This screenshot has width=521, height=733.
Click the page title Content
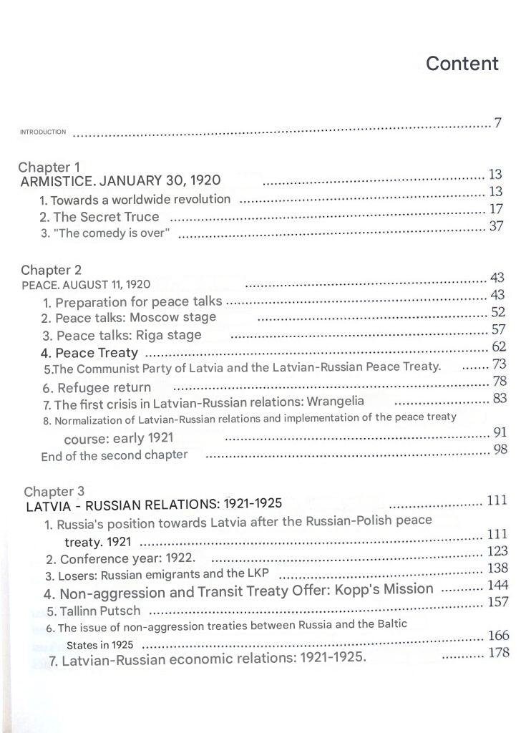[x=462, y=64]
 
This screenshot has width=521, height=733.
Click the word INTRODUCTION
[x=43, y=132]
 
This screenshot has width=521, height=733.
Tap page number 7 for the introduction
[x=497, y=123]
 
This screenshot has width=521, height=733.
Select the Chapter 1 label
[x=49, y=168]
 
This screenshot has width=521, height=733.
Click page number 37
[x=496, y=226]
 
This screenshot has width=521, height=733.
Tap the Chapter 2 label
[x=51, y=270]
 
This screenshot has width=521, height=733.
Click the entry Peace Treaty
[x=96, y=353]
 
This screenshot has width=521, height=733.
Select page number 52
[x=499, y=312]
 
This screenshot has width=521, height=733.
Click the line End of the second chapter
[x=115, y=455]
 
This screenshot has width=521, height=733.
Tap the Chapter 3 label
[x=54, y=491]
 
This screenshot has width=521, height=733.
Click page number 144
[x=497, y=586]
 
